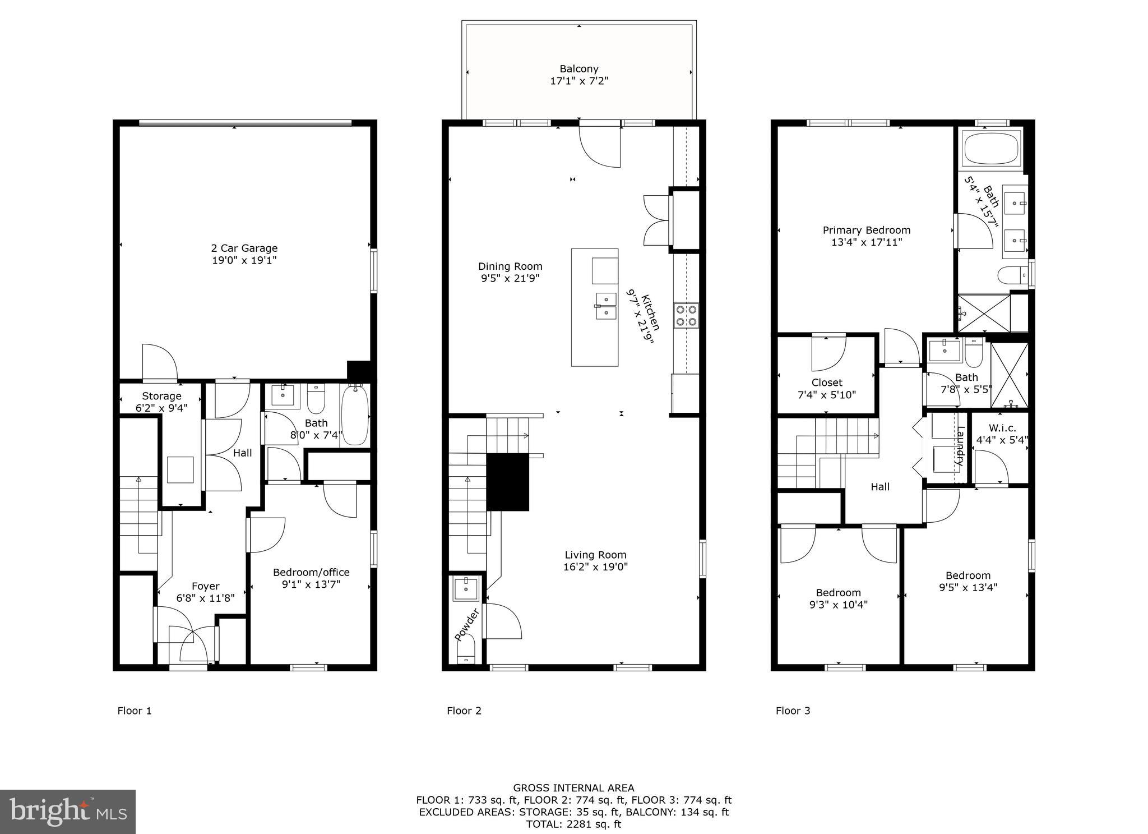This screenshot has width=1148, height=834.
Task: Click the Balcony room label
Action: click(x=578, y=69)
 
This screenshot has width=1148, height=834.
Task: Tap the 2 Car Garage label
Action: click(x=244, y=248)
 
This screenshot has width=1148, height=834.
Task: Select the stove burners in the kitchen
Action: click(x=686, y=315)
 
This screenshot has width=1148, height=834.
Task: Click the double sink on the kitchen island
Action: click(x=606, y=306)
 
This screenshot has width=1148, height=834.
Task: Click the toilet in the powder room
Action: click(x=466, y=652)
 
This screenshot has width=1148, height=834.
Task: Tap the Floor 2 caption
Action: click(x=464, y=711)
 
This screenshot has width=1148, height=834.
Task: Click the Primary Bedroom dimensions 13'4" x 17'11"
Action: click(x=866, y=242)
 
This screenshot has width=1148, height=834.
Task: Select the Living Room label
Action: click(x=595, y=555)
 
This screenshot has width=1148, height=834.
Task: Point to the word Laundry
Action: click(x=960, y=446)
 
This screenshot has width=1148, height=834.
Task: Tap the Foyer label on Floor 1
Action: click(x=205, y=586)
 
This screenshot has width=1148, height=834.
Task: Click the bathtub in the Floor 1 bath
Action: click(x=354, y=415)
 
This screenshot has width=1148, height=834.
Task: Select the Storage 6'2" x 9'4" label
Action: click(x=161, y=402)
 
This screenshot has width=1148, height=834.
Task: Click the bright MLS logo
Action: click(x=68, y=812)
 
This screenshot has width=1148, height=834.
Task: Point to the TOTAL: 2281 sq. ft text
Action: click(x=573, y=824)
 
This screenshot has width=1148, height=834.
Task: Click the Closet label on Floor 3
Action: click(x=826, y=383)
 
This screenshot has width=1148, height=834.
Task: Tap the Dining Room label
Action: click(x=510, y=266)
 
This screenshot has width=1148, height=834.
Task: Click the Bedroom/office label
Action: click(x=311, y=572)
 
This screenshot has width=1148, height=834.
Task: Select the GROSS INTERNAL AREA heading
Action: click(x=573, y=788)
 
